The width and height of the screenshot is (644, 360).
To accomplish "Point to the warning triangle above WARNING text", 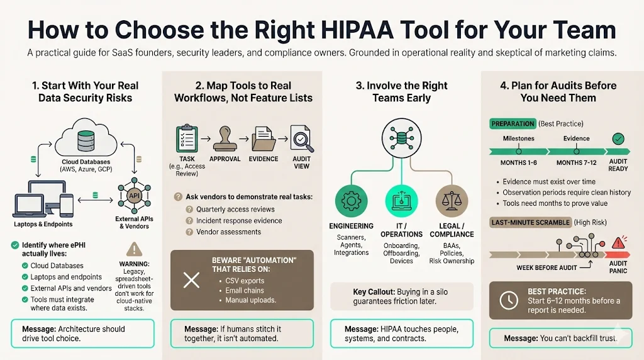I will pyautogui.click(x=135, y=249).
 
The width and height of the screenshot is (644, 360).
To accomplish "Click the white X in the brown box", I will pyautogui.click(x=191, y=279).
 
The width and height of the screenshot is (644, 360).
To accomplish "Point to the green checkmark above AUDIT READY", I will pyautogui.click(x=618, y=139).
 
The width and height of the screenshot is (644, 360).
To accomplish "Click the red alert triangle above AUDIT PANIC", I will pyautogui.click(x=620, y=242).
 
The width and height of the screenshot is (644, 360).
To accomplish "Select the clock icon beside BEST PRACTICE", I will pyautogui.click(x=508, y=300).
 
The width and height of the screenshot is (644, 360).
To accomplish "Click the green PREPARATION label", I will pyautogui.click(x=514, y=123).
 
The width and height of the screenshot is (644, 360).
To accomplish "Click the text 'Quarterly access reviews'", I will pyautogui.click(x=235, y=209).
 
